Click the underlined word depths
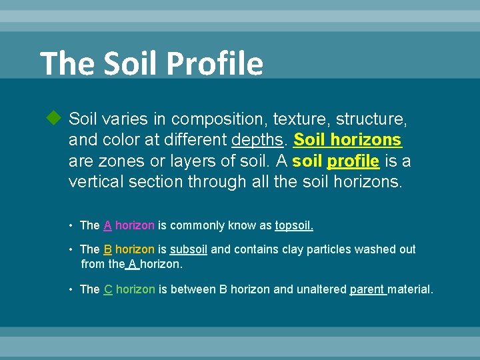tap(259, 140)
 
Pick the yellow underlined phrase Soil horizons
tap(347, 140)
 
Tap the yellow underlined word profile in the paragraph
tap(353, 161)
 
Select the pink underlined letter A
tap(107, 225)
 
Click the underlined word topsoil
tap(294, 225)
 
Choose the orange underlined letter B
tap(107, 249)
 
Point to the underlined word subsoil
tap(189, 249)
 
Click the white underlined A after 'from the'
tap(132, 264)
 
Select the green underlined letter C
tap(107, 289)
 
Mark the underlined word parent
tap(367, 289)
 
